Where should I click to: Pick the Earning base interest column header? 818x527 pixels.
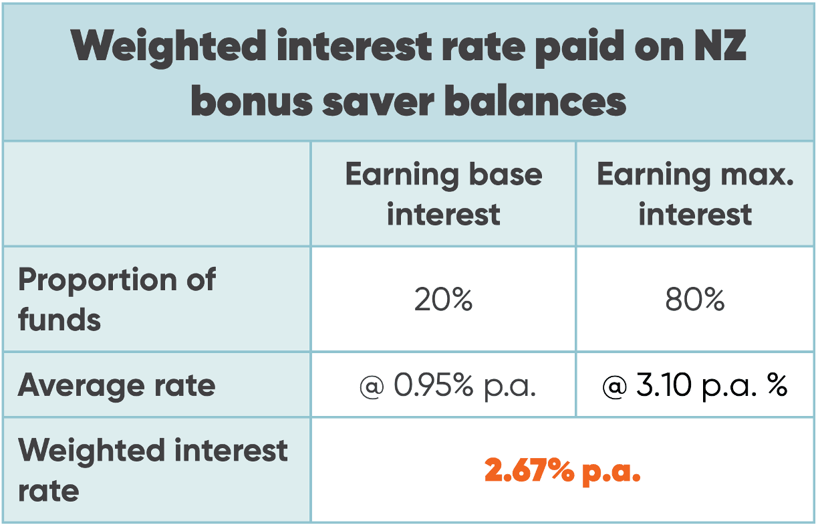pyautogui.click(x=443, y=194)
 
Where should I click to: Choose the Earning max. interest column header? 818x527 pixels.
pyautogui.click(x=695, y=194)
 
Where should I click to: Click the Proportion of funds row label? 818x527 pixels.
pyautogui.click(x=117, y=299)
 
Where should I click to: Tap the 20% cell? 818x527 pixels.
pyautogui.click(x=443, y=300)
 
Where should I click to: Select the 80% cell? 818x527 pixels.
pyautogui.click(x=695, y=300)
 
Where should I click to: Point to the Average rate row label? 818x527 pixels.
pyautogui.click(x=117, y=385)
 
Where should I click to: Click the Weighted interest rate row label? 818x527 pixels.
pyautogui.click(x=152, y=470)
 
